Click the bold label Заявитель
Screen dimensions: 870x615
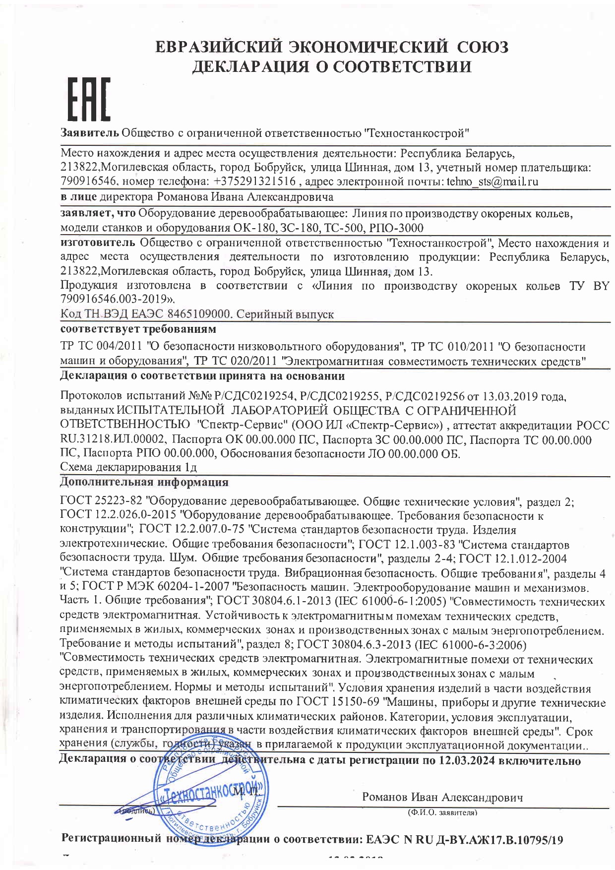89,133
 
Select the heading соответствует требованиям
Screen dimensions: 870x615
138,329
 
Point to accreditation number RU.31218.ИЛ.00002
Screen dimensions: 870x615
114,439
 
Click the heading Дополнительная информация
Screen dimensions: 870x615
144,482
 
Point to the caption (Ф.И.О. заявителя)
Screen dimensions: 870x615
442,813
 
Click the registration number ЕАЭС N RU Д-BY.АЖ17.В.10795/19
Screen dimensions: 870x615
464,840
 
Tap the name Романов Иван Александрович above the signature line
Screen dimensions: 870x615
442,797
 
